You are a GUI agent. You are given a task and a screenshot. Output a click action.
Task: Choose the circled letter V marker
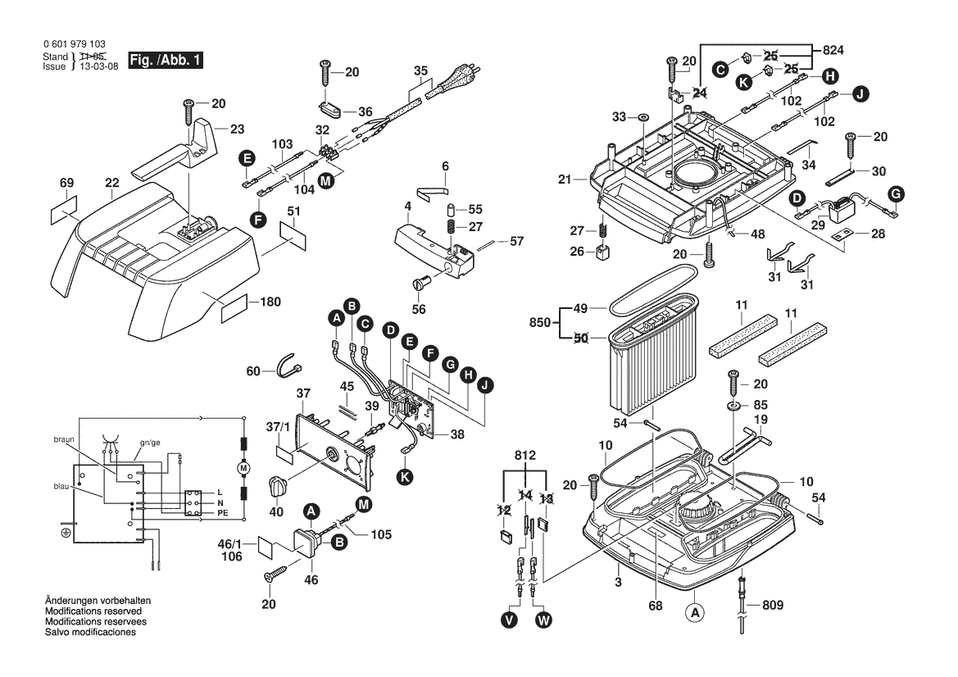tap(510, 620)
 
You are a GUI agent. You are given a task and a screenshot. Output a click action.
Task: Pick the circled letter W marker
tap(543, 620)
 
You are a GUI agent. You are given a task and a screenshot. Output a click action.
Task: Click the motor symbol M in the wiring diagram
tap(242, 466)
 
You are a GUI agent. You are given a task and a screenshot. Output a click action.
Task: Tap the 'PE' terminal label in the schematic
tap(221, 512)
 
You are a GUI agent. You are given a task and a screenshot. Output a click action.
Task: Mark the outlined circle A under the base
tap(694, 612)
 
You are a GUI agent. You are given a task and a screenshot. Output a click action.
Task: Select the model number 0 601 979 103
tap(73, 44)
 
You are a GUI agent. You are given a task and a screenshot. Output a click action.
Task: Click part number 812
tap(524, 455)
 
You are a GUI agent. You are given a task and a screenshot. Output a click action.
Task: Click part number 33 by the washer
tap(619, 116)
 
